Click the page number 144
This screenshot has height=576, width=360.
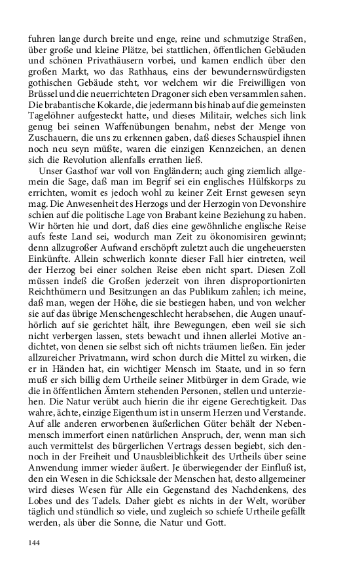[35, 543]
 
